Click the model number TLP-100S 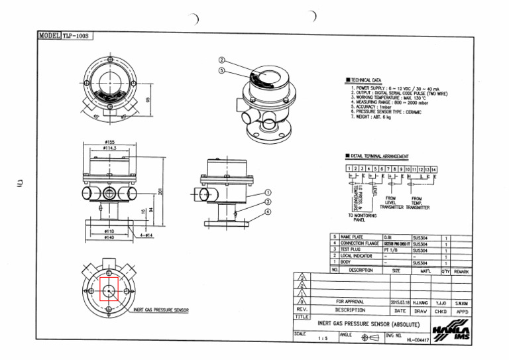(x=77, y=35)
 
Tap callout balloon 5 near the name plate (x=223, y=70)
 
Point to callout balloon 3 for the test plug (x=268, y=202)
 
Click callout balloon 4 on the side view (x=268, y=211)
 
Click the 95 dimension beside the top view (x=148, y=97)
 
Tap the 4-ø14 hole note (x=146, y=235)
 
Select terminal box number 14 (x=433, y=169)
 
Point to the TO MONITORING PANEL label (x=363, y=218)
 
